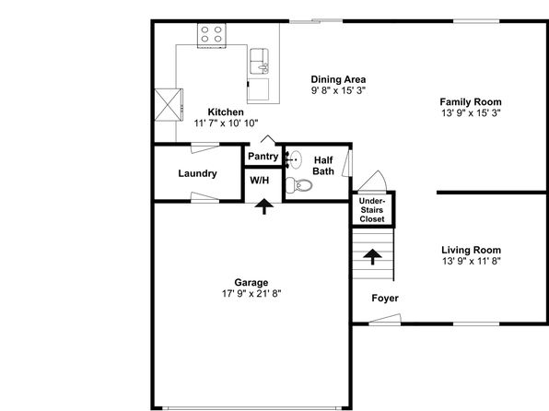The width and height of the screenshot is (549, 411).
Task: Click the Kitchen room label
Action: pyautogui.click(x=226, y=112)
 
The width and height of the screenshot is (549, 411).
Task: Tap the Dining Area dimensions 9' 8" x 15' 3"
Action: pyautogui.click(x=338, y=90)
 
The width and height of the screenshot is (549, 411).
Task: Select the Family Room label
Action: pyautogui.click(x=471, y=102)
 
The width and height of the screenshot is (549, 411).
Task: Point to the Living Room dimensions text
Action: pyautogui.click(x=472, y=261)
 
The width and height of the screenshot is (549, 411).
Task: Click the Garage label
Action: pyautogui.click(x=251, y=282)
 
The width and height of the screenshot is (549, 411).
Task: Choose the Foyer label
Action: pyautogui.click(x=385, y=299)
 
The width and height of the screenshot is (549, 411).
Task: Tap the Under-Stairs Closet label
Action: pyautogui.click(x=372, y=210)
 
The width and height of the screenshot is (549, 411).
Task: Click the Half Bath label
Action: pyautogui.click(x=323, y=166)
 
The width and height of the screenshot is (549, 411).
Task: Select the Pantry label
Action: pyautogui.click(x=263, y=157)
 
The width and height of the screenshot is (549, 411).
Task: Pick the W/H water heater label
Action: pyautogui.click(x=260, y=181)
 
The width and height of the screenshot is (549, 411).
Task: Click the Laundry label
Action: pyautogui.click(x=197, y=173)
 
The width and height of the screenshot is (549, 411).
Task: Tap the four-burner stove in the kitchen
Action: pyautogui.click(x=212, y=35)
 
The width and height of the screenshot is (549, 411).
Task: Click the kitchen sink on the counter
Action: pyautogui.click(x=259, y=62)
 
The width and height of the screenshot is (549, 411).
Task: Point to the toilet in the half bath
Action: pyautogui.click(x=298, y=185)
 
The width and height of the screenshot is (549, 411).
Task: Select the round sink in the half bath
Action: pyautogui.click(x=294, y=159)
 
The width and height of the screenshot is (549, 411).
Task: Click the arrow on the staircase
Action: pyautogui.click(x=372, y=257)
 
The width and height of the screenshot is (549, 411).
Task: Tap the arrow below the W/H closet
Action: pyautogui.click(x=263, y=206)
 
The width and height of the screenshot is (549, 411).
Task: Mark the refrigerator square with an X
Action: pyautogui.click(x=169, y=105)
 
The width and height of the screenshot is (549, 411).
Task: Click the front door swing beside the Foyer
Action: pyautogui.click(x=384, y=320)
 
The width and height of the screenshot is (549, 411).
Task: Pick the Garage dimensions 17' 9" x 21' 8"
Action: pyautogui.click(x=251, y=294)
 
